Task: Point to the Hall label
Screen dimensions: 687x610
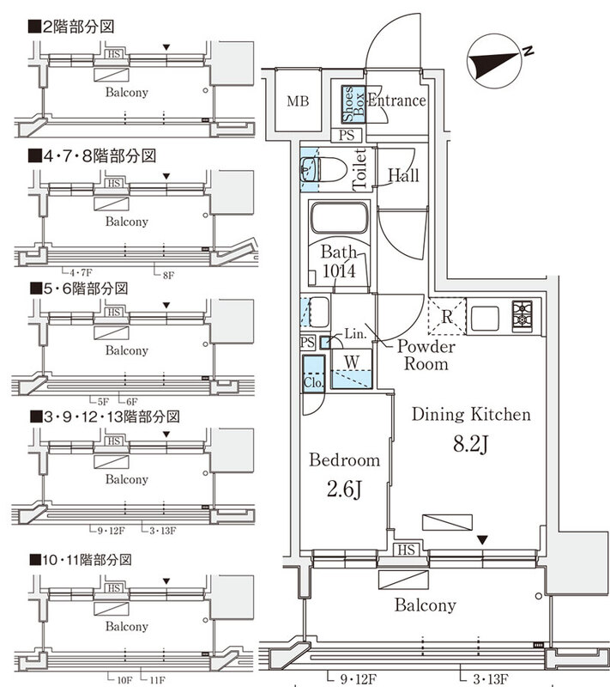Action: (403, 175)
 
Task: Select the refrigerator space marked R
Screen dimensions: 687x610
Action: (446, 315)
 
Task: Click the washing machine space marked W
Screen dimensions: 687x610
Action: (352, 362)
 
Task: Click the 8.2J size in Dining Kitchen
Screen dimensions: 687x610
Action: (470, 447)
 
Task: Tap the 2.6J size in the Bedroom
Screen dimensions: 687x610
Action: (343, 490)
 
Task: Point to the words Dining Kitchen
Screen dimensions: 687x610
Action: (471, 415)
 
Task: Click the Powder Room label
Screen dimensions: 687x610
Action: (426, 356)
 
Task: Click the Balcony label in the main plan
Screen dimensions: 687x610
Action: (425, 605)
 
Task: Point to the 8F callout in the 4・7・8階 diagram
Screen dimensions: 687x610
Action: (168, 275)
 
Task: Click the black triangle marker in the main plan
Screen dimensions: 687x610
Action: (483, 540)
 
